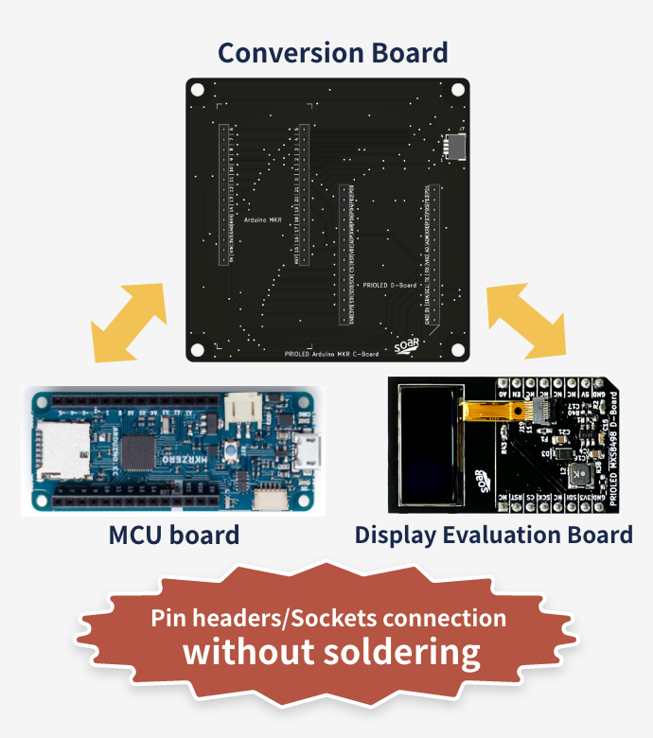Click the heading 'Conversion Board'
click(332, 52)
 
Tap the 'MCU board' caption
click(173, 536)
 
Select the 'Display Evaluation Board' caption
click(493, 536)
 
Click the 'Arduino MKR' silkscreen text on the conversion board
click(262, 217)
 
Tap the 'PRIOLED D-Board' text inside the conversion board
click(390, 283)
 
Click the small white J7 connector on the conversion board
click(456, 145)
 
